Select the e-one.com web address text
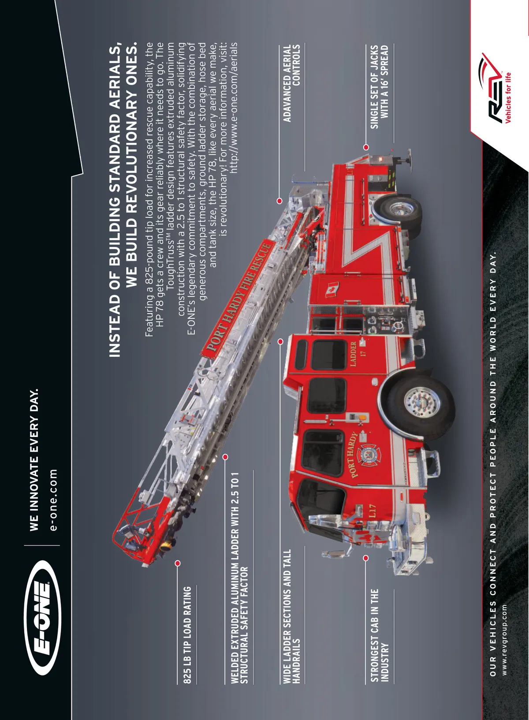tap(53, 500)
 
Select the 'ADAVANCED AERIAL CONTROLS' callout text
tap(291, 83)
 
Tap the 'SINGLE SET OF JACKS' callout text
tap(374, 87)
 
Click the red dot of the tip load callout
tap(177, 563)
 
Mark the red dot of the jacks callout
tap(366, 147)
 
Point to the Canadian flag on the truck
tap(332, 290)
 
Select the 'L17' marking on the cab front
tap(372, 511)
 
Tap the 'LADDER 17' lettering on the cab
tap(358, 354)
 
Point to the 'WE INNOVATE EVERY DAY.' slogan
tap(34, 460)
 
